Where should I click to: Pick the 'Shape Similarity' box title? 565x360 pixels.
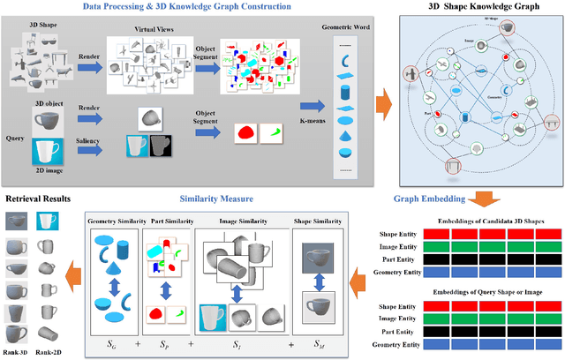[318, 220]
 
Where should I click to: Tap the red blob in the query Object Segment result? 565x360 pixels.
[247, 132]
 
